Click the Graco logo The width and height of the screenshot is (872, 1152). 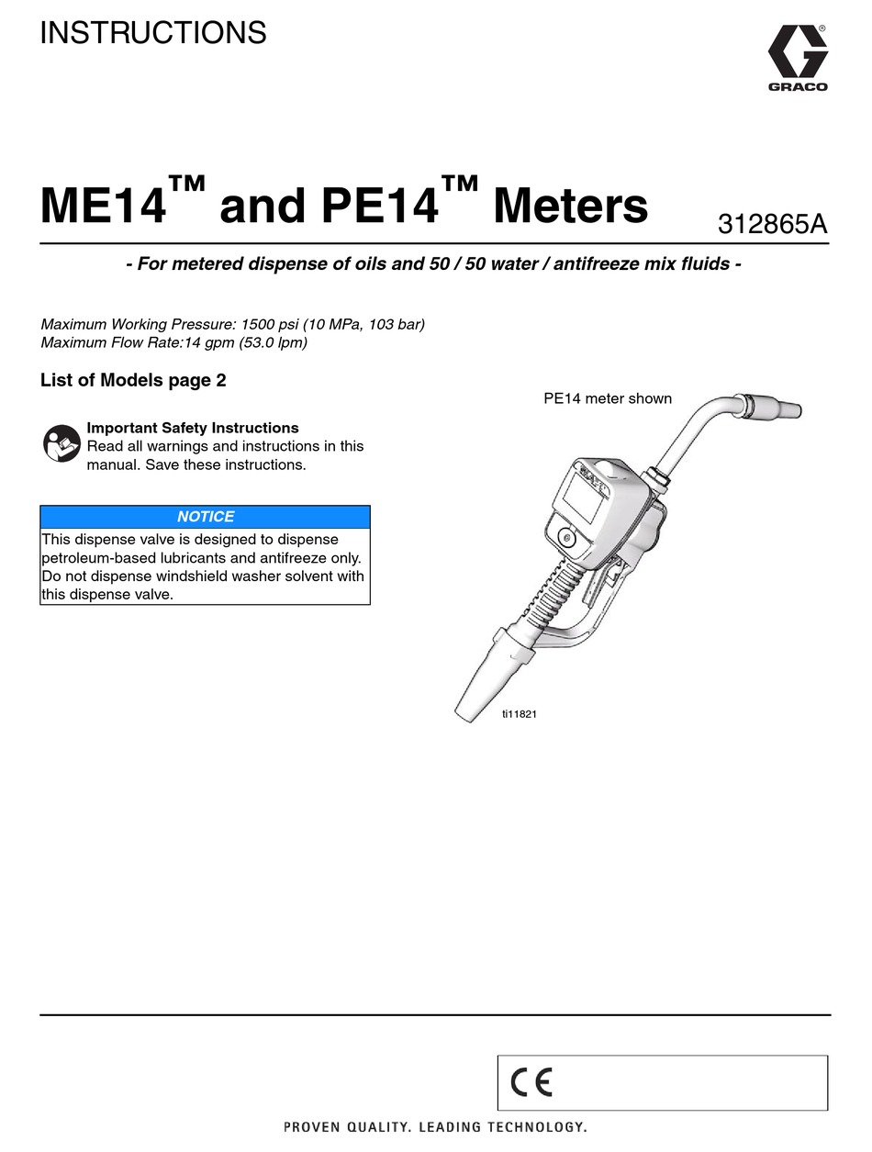coord(797,56)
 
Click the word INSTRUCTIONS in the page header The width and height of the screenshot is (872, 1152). coord(153,33)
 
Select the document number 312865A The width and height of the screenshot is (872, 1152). coord(773,224)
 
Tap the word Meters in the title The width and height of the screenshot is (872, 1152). coord(570,206)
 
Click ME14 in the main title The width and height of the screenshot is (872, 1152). coord(103,206)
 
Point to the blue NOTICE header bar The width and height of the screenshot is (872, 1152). coord(206,517)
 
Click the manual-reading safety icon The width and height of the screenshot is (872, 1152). coord(61,444)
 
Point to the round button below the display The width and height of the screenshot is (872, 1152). coord(565,539)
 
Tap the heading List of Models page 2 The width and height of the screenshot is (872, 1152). coord(133,380)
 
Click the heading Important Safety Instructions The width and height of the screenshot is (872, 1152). coord(192,428)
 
